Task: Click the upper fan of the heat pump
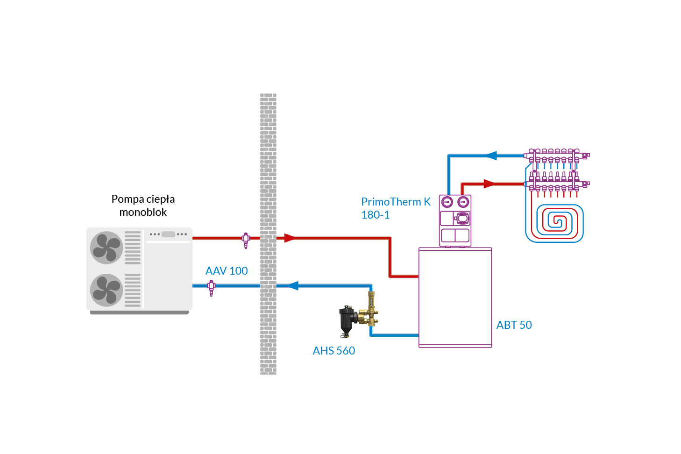click(x=106, y=248)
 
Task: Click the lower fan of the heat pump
click(x=106, y=290)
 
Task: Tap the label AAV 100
click(x=227, y=271)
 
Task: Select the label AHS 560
click(x=334, y=351)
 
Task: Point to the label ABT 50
click(x=514, y=325)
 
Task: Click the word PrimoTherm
click(x=391, y=202)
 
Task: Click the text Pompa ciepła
click(x=143, y=199)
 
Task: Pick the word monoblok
click(x=143, y=212)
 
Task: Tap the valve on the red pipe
click(x=246, y=240)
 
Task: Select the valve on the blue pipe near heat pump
click(x=212, y=287)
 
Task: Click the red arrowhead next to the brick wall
click(x=290, y=238)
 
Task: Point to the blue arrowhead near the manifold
click(x=491, y=156)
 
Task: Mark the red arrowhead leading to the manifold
click(x=489, y=184)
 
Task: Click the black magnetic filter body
click(x=346, y=319)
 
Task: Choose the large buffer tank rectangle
click(x=455, y=298)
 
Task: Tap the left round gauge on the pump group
click(x=447, y=202)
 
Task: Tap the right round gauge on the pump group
click(x=463, y=202)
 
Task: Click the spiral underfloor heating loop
click(x=554, y=223)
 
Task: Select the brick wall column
click(x=268, y=234)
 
